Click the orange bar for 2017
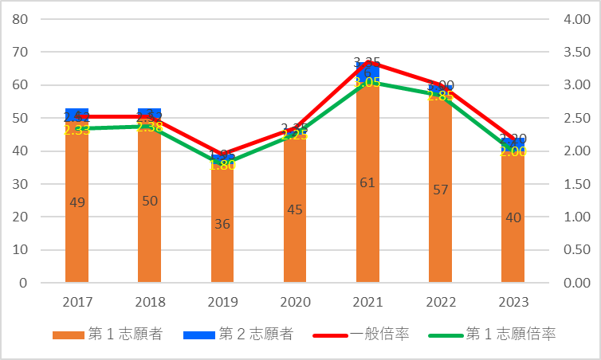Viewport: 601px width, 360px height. pyautogui.click(x=77, y=231)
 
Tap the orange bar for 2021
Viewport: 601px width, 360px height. pyautogui.click(x=367, y=207)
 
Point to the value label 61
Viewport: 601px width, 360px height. pyautogui.click(x=367, y=182)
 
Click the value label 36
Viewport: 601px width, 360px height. pyautogui.click(x=222, y=224)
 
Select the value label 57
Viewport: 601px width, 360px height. pyautogui.click(x=440, y=190)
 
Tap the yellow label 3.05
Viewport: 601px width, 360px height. pyautogui.click(x=367, y=82)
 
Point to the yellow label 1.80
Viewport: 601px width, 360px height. pyautogui.click(x=222, y=165)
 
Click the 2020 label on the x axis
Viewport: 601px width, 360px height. pyautogui.click(x=295, y=303)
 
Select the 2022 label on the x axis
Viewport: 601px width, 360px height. pyautogui.click(x=440, y=303)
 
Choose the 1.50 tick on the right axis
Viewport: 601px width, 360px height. pyautogui.click(x=576, y=184)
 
